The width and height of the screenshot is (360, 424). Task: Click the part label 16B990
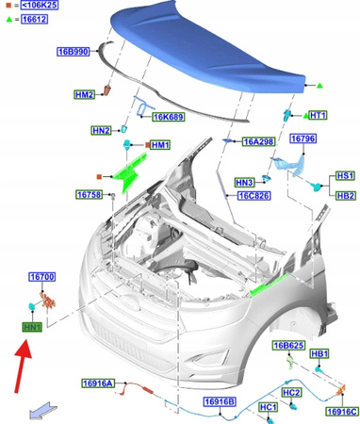pos(74,52)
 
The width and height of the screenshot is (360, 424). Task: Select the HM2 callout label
pos(84,94)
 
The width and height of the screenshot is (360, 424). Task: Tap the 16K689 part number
pos(169,117)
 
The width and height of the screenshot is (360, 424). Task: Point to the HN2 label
pos(101,130)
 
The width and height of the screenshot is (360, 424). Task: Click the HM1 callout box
pos(160,145)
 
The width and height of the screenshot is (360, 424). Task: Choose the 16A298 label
pos(259,141)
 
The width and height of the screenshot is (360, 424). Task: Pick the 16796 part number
pos(303,139)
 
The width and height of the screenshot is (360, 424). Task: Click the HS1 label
pos(345,175)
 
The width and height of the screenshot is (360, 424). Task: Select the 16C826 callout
pos(254,196)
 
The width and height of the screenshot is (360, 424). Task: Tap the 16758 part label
pos(90,195)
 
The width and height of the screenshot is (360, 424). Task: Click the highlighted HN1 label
pos(32,328)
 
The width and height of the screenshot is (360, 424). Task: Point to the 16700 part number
pos(42,277)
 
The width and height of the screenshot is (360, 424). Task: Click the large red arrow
pos(23,367)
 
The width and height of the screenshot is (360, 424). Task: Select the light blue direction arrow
pos(42,410)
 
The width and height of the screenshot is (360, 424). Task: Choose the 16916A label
pos(98,383)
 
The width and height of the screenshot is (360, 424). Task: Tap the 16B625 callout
pos(288,346)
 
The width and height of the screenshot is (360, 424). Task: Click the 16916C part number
pos(342,412)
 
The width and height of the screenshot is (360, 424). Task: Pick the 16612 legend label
pos(35,19)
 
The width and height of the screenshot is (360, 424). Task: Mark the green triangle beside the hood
pos(319,86)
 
